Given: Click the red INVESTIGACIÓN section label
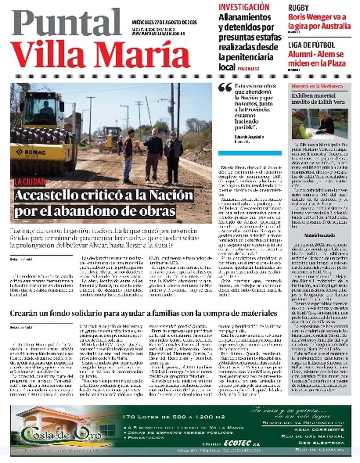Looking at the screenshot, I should (x=244, y=7).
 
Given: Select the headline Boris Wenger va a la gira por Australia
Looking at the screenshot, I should (x=319, y=22).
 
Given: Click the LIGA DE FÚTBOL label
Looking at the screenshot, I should (x=311, y=45).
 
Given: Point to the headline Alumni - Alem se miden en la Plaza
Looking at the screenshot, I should (x=316, y=59).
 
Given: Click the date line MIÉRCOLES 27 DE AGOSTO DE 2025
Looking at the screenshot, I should (x=164, y=22).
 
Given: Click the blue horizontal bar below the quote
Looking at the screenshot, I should (x=250, y=153).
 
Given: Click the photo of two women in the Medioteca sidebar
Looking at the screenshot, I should (x=320, y=124).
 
